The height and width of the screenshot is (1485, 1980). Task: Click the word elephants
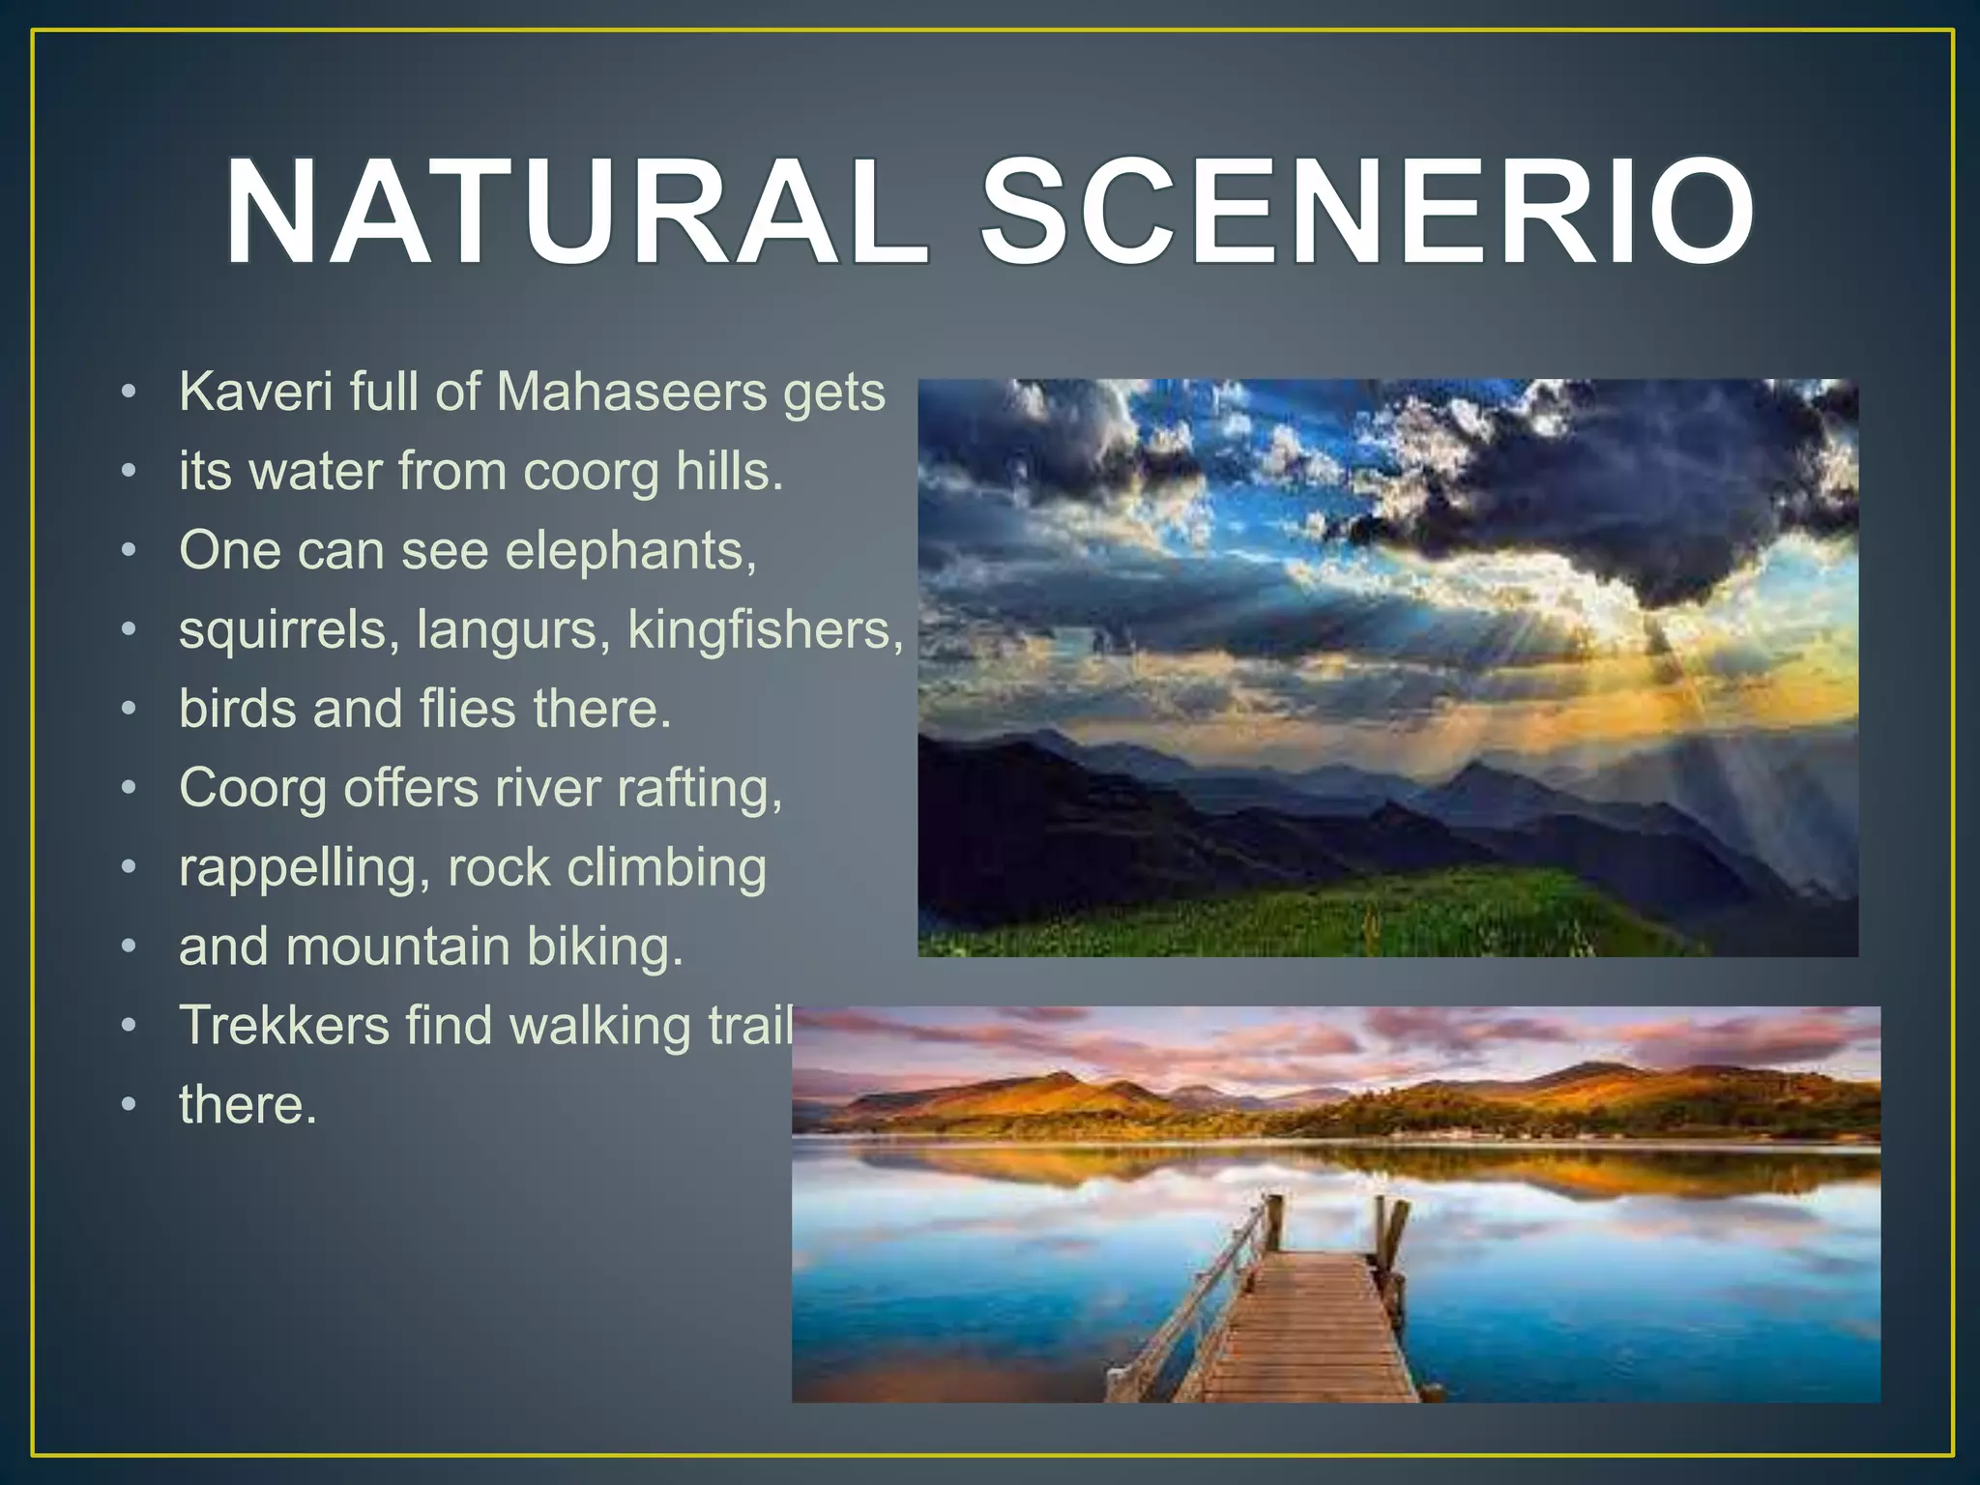(x=630, y=551)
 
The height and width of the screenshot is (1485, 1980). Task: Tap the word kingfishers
(x=765, y=630)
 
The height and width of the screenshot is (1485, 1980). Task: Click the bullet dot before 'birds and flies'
(x=130, y=710)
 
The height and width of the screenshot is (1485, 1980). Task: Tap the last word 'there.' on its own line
(x=247, y=1105)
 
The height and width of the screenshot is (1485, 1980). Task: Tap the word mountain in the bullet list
(x=397, y=946)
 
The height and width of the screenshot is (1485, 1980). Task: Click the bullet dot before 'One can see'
(x=130, y=551)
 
